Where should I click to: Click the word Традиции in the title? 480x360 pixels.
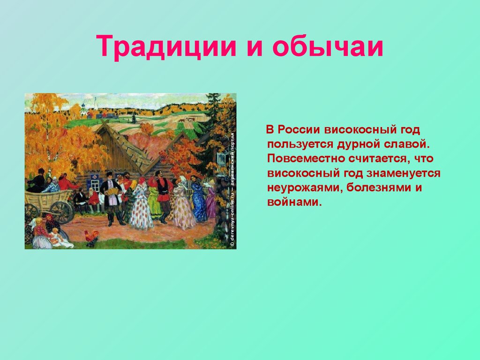pyautogui.click(x=166, y=46)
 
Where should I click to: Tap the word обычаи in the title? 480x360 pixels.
pyautogui.click(x=328, y=46)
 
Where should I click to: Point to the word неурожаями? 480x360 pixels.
pyautogui.click(x=305, y=187)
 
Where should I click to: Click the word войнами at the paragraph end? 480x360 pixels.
pyautogui.click(x=295, y=202)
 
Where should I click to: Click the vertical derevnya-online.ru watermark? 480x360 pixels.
pyautogui.click(x=232, y=190)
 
